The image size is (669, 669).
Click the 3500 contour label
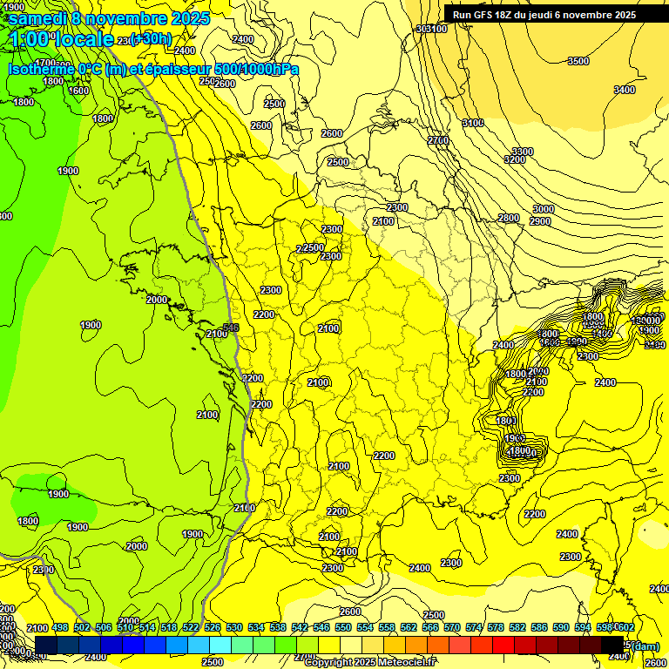[x=578, y=61]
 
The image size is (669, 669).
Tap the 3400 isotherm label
[x=624, y=90]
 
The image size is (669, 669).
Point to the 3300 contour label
[x=523, y=152]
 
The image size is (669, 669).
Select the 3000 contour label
[x=543, y=209]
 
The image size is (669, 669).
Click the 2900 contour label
[x=540, y=221]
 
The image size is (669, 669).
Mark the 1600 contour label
[x=78, y=91]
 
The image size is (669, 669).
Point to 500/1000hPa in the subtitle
[x=256, y=69]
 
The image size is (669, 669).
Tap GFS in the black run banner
[x=486, y=15]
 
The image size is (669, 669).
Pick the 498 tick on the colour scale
[x=60, y=627]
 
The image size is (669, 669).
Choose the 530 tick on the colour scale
[x=234, y=627]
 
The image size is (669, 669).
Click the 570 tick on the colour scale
[x=451, y=627]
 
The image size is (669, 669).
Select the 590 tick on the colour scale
[x=560, y=627]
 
